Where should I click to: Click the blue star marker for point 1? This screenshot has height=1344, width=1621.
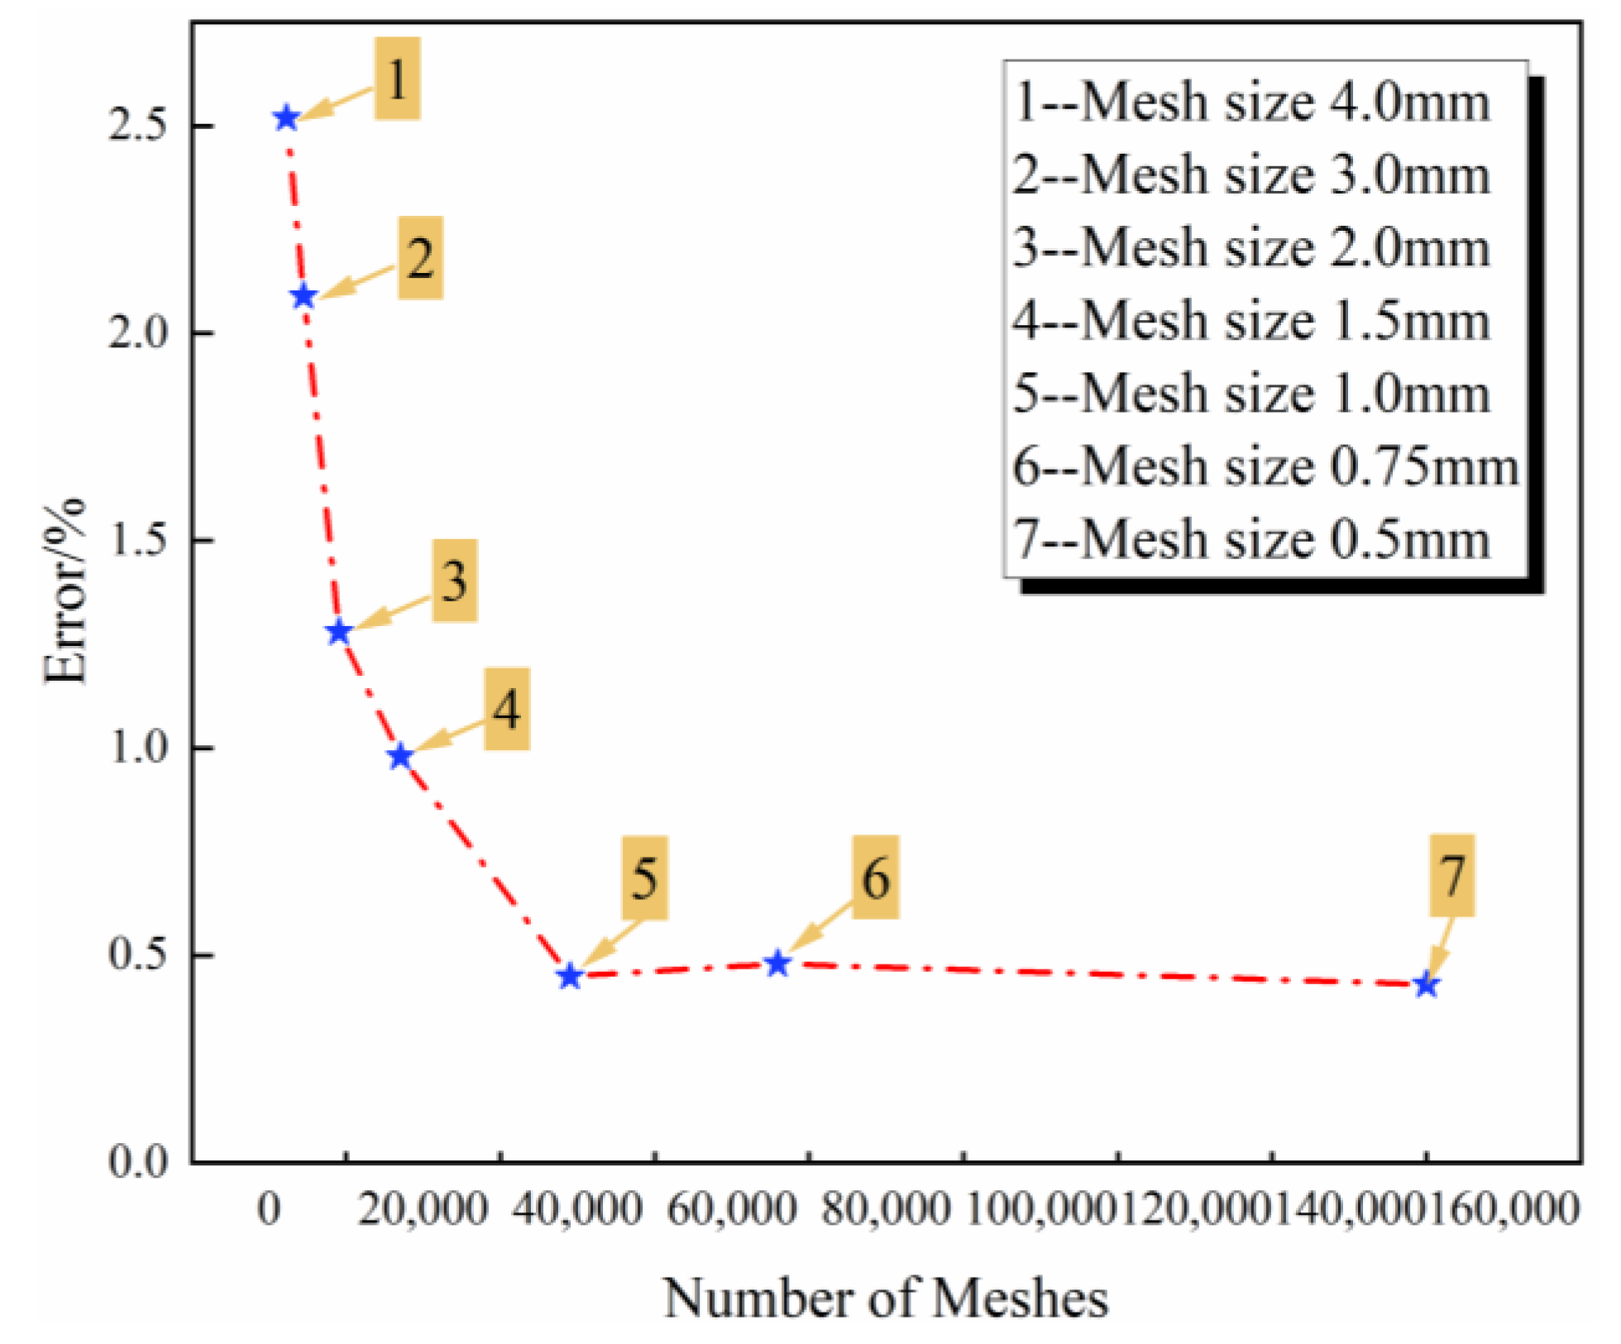286,118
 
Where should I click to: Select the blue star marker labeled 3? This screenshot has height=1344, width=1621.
338,633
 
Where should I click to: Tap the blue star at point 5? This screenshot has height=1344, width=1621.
569,977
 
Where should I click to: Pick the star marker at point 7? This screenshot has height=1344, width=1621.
1426,985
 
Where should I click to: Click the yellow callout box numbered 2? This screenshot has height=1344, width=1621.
420,258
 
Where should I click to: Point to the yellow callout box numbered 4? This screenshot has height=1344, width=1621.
506,709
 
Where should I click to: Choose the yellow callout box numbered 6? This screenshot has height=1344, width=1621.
876,877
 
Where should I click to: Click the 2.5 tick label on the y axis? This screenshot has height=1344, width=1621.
137,126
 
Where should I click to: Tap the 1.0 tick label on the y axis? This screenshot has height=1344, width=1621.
137,747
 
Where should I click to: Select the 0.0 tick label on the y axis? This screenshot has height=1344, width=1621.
137,1161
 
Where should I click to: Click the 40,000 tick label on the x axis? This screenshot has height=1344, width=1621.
576,1210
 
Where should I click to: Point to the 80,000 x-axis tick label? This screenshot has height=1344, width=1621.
885,1210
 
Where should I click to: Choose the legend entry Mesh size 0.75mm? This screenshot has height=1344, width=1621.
1265,466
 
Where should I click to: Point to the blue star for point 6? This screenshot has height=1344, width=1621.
777,964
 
